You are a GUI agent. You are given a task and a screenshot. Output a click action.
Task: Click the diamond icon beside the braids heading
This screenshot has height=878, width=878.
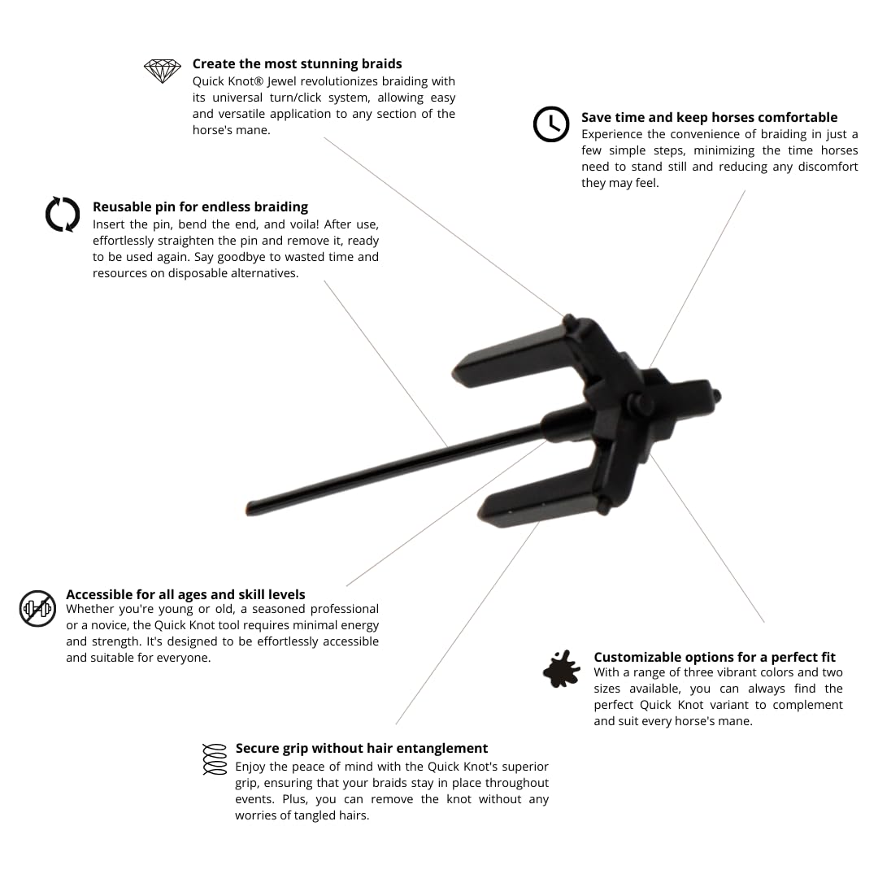tap(163, 71)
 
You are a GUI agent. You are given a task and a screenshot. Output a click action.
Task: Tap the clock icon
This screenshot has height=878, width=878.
tap(551, 124)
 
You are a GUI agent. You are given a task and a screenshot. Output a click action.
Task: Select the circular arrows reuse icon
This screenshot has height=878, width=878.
tap(63, 215)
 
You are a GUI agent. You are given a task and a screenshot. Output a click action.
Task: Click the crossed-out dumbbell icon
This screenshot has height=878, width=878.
tap(37, 608)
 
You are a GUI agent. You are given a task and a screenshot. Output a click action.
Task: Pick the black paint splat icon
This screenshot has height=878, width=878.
tap(562, 668)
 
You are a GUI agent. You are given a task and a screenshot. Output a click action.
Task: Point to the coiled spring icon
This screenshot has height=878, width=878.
tap(214, 758)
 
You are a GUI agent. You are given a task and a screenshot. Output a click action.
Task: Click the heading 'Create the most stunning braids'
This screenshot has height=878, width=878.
tap(297, 63)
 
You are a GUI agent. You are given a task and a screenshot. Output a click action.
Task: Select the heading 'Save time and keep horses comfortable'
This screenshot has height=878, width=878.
tap(709, 117)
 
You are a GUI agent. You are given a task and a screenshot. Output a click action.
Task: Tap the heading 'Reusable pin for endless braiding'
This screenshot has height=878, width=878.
tap(200, 206)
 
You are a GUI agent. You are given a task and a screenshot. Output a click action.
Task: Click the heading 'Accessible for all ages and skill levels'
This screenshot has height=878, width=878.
tap(185, 594)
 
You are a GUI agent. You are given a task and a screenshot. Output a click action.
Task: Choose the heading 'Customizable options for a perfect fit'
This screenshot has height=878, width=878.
tap(714, 657)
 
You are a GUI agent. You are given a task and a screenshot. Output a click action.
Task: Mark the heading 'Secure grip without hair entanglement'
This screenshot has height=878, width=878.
tap(362, 748)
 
